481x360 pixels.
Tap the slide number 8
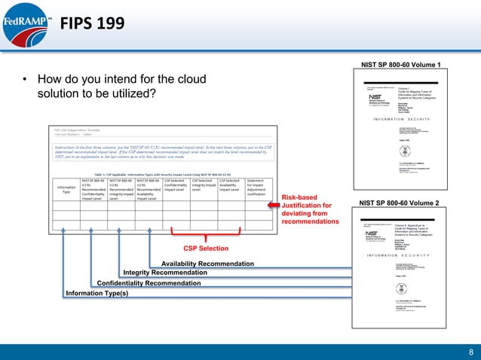click(470, 351)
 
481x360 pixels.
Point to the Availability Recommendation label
click(207, 264)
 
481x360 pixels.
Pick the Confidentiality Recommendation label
click(149, 283)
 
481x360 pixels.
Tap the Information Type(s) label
click(97, 293)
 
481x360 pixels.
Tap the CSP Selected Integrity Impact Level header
click(204, 187)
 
